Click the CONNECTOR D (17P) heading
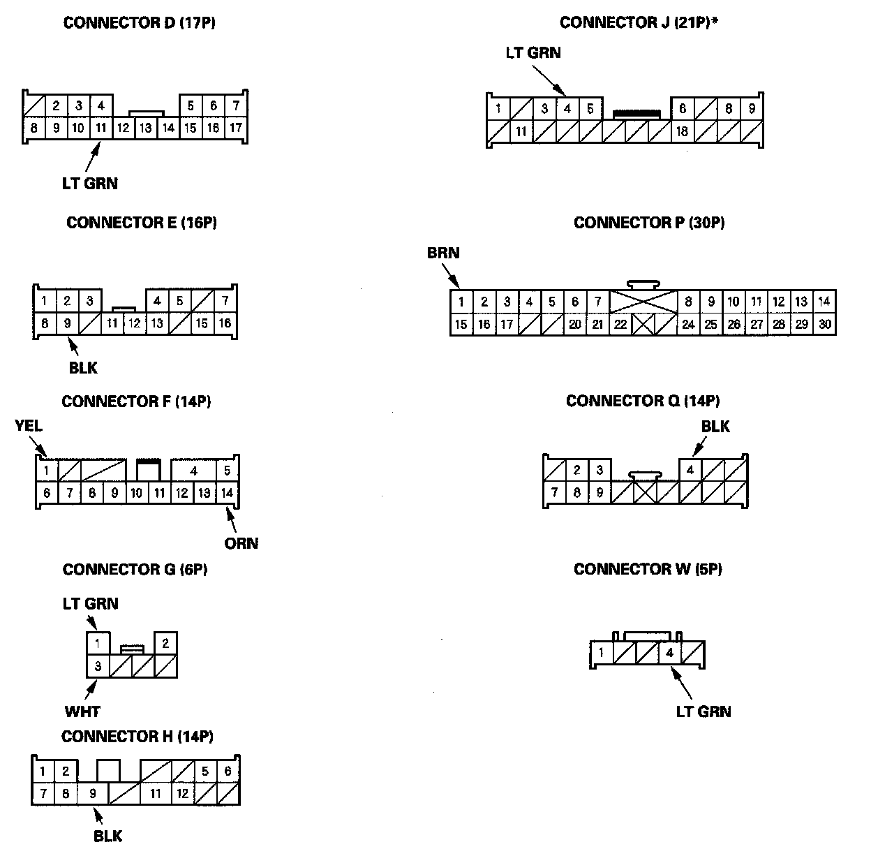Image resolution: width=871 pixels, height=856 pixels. pyautogui.click(x=139, y=23)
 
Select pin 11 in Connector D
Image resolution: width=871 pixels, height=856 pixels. pyautogui.click(x=101, y=128)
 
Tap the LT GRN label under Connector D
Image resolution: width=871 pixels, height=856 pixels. pyautogui.click(x=89, y=184)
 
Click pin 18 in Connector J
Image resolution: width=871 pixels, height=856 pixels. pyautogui.click(x=683, y=131)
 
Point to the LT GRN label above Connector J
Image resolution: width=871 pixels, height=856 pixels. pyautogui.click(x=533, y=53)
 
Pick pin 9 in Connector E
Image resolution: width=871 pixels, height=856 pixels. pyautogui.click(x=67, y=323)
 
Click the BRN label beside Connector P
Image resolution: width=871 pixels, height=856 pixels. pyautogui.click(x=443, y=253)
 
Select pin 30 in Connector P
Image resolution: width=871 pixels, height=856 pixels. pyautogui.click(x=824, y=324)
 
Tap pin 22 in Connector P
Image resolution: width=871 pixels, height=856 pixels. pyautogui.click(x=620, y=324)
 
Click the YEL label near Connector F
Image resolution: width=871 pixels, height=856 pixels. pyautogui.click(x=29, y=426)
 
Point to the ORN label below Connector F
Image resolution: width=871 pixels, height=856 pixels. pyautogui.click(x=241, y=543)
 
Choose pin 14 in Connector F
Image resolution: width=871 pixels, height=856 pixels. pyautogui.click(x=227, y=493)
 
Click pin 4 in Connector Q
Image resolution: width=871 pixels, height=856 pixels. pyautogui.click(x=690, y=470)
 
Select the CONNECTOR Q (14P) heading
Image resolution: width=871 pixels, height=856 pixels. pyautogui.click(x=643, y=401)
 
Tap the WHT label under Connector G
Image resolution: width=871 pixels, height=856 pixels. pyautogui.click(x=82, y=711)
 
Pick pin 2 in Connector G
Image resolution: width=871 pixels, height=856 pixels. pyautogui.click(x=165, y=643)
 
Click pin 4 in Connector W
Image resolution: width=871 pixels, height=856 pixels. pyautogui.click(x=669, y=654)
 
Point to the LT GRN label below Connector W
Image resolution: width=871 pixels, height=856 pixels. pyautogui.click(x=703, y=711)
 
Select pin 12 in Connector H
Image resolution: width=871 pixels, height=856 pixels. pyautogui.click(x=181, y=793)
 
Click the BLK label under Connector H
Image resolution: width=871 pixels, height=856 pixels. pyautogui.click(x=107, y=836)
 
